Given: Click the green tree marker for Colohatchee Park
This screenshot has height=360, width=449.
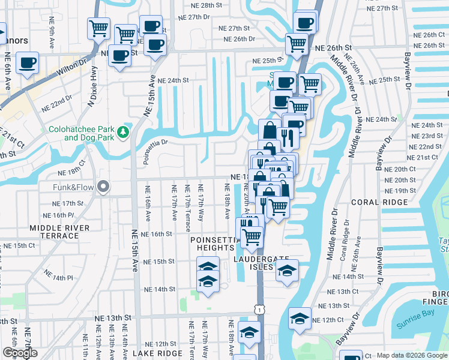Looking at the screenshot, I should [x=124, y=131].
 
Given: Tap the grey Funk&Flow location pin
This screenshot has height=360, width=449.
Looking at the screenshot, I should [x=103, y=187].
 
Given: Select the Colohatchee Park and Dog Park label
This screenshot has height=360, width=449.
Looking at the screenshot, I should [x=80, y=133].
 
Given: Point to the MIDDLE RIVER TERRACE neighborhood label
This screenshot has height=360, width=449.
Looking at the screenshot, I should [x=59, y=232].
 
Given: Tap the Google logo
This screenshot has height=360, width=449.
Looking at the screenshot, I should [x=20, y=353].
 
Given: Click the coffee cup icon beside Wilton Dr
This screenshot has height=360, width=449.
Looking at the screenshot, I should [x=26, y=62].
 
